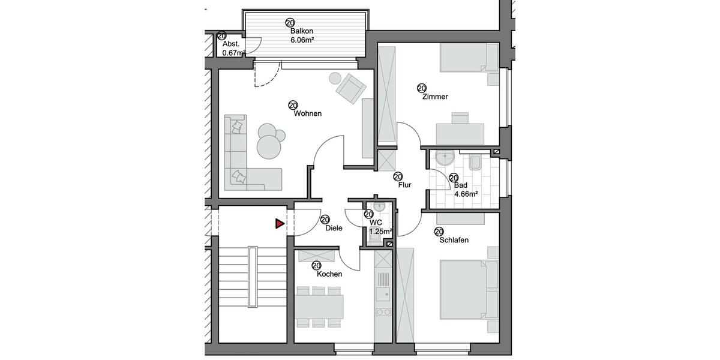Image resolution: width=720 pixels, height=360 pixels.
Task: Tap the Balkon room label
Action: tap(302, 31)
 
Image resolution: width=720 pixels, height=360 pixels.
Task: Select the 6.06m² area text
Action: tap(302, 40)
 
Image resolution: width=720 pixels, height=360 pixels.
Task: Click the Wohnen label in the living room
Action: tap(307, 113)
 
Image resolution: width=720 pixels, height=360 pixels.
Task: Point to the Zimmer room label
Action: tap(435, 97)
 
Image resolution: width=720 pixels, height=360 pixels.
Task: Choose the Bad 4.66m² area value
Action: tap(465, 194)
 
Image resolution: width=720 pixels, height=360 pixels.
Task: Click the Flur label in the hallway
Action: tap(404, 185)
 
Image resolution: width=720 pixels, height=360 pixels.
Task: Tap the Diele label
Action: tap(334, 228)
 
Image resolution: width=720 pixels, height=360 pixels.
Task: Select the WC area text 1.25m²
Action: tap(380, 231)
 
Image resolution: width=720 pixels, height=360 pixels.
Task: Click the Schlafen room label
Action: tap(454, 240)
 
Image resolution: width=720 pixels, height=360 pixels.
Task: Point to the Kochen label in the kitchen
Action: tap(329, 274)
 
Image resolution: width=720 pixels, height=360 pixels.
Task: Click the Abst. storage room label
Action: tap(231, 44)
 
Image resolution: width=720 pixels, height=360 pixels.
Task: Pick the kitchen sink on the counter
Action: tap(382, 293)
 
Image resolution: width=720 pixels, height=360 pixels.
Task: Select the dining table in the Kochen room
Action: tap(319, 306)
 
